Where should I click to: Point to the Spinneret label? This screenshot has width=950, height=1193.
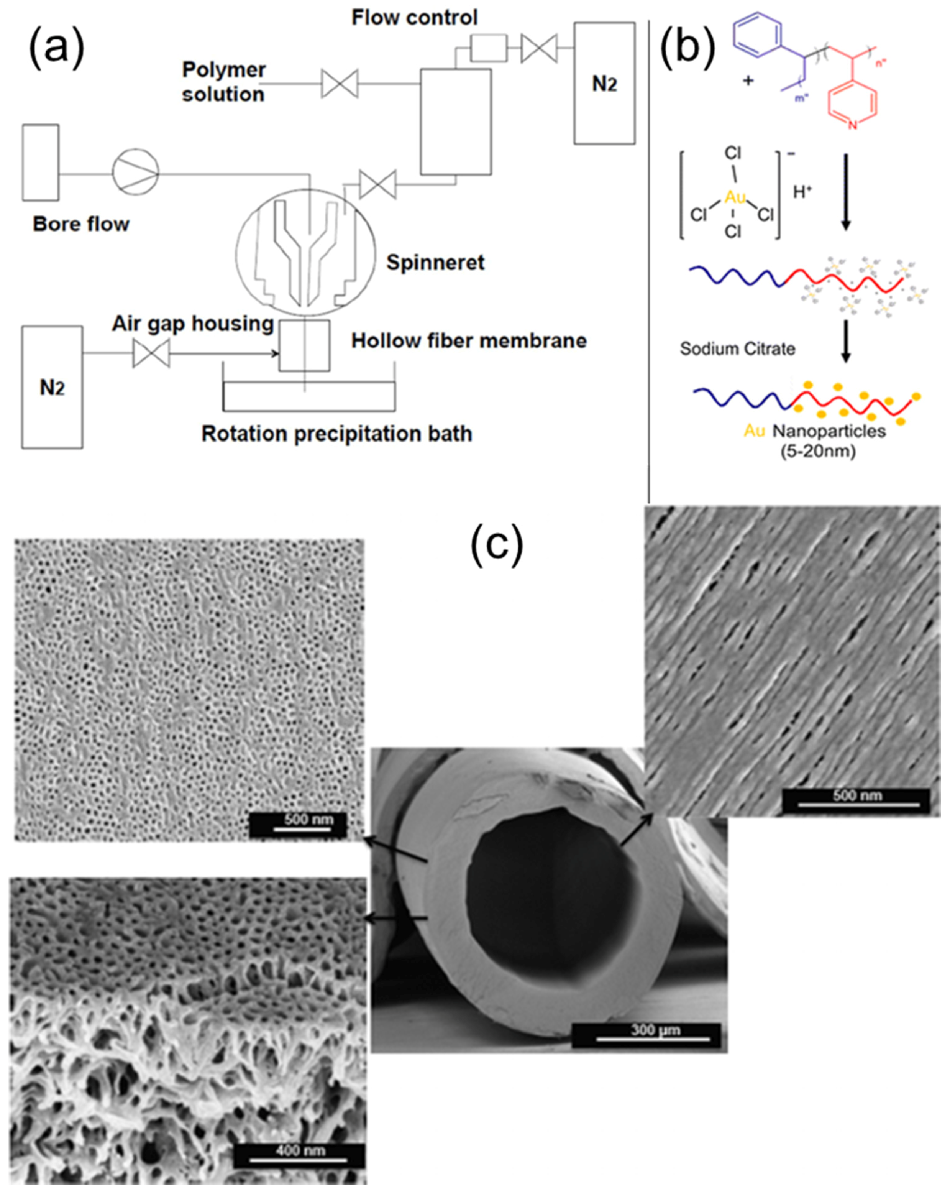[435, 262]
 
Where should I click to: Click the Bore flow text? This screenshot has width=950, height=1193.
[81, 224]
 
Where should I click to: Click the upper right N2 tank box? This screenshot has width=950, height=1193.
[604, 83]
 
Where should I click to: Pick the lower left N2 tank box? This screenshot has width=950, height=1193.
[52, 387]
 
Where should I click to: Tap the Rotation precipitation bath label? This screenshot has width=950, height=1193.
[336, 434]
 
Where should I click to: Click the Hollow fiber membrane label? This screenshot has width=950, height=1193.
[469, 341]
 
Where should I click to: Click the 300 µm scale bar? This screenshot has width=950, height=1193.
[655, 1030]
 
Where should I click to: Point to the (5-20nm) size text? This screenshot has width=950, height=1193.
[818, 451]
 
